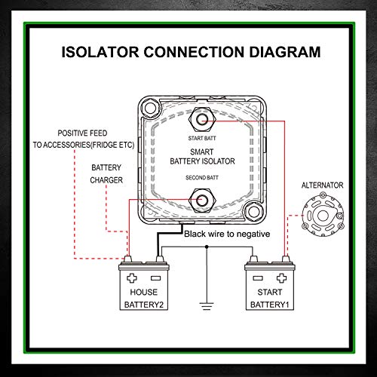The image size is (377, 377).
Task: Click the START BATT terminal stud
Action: tap(201, 118)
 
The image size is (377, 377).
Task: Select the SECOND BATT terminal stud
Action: tap(201, 200)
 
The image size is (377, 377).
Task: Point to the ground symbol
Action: tap(206, 306)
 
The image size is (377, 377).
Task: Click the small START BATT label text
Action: tap(201, 139)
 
